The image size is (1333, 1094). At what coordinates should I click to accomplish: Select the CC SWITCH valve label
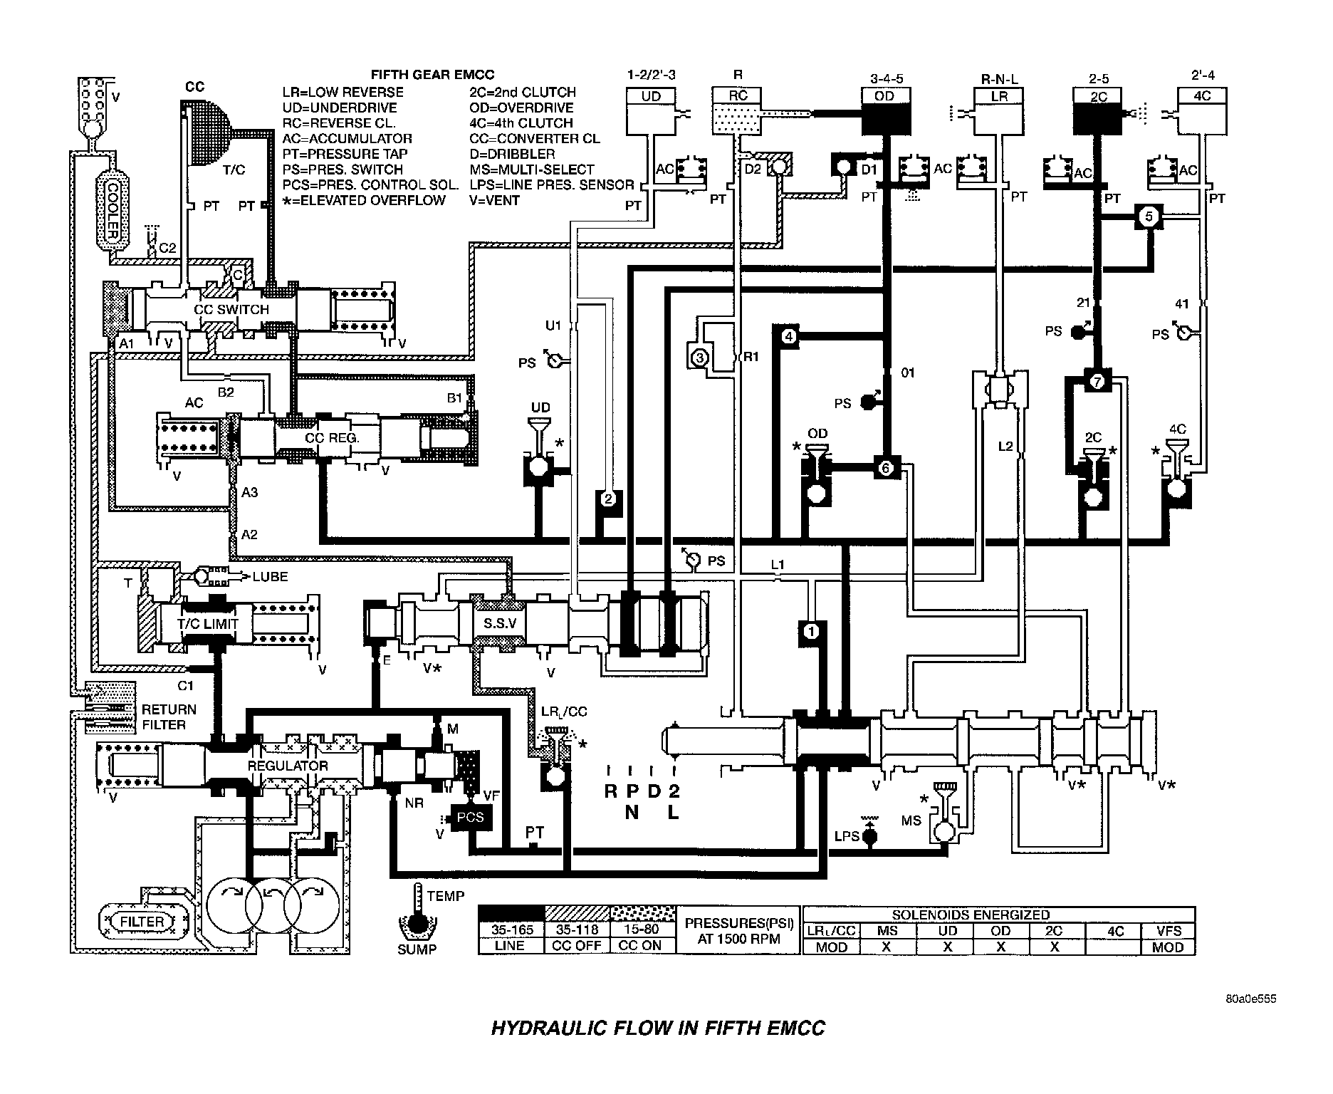[231, 310]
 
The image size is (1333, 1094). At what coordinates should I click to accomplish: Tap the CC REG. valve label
[332, 437]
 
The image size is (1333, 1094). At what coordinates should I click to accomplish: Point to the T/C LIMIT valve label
[207, 623]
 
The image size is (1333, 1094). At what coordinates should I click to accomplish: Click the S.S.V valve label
[501, 622]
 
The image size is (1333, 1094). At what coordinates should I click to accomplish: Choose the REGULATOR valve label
[287, 766]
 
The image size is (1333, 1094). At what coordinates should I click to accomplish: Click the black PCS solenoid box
[470, 817]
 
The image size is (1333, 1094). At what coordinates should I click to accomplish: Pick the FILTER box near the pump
[142, 922]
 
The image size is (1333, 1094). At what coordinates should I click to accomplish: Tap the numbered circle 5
[1149, 216]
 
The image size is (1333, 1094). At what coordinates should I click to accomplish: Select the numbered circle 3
[699, 357]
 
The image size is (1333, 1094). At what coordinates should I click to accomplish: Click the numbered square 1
[811, 630]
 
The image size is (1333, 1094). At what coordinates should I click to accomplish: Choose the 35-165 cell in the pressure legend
[512, 930]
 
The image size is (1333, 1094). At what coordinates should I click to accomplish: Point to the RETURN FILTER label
[168, 717]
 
